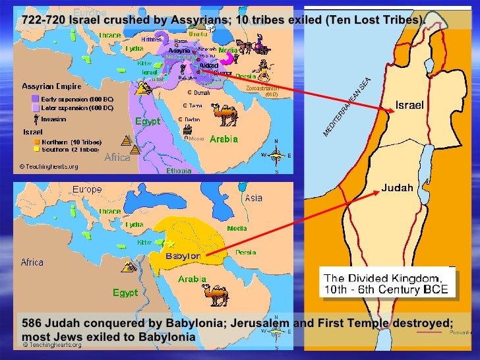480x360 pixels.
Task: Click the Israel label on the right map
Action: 409,105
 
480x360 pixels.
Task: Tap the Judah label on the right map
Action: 397,187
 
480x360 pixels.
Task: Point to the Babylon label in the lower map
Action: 183,256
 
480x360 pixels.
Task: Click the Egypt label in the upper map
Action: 148,122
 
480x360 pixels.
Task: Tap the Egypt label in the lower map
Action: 125,292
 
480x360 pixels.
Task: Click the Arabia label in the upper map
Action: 224,139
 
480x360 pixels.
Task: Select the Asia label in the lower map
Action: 253,197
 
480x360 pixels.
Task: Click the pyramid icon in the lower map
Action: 129,266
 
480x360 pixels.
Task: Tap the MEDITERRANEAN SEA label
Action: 347,107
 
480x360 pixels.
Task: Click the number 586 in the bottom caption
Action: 31,324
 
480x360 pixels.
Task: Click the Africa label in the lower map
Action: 32,262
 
